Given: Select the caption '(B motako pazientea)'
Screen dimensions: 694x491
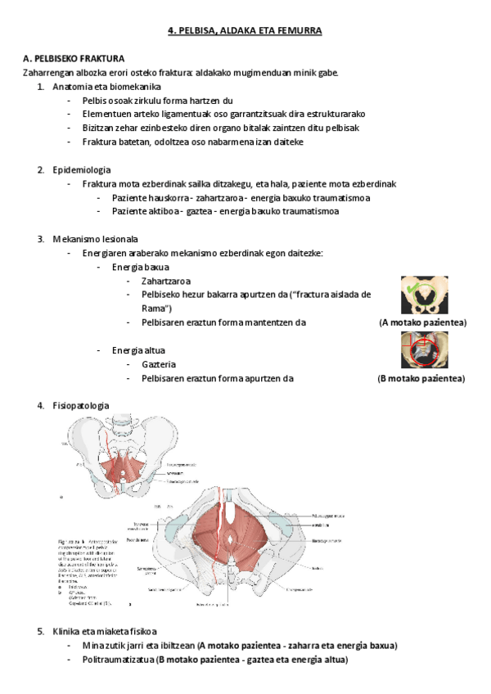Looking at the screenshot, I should coord(421,379).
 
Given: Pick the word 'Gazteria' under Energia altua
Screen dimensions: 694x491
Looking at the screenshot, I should coord(159,364).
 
